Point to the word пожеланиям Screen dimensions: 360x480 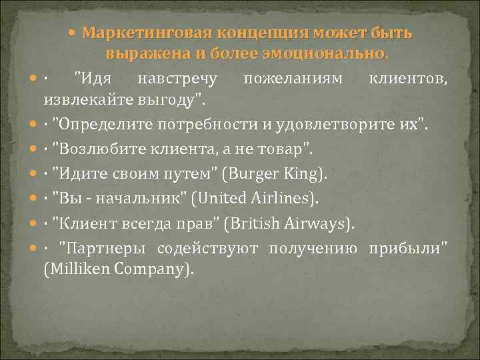[x=293, y=79]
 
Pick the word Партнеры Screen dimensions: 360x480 [x=103, y=249]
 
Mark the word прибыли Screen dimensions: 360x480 [x=405, y=249]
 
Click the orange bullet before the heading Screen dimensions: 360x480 [x=77, y=33]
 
